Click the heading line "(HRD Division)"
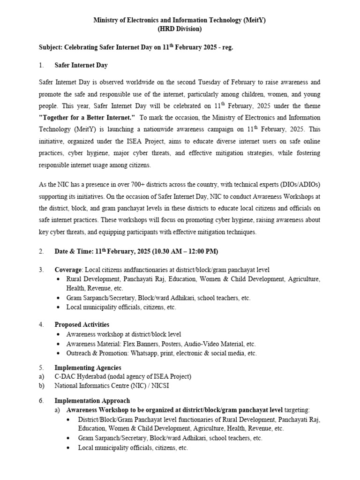(x=180, y=29)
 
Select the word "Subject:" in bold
(x=51, y=47)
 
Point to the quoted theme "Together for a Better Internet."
(x=87, y=117)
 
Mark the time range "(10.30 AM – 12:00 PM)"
(x=185, y=251)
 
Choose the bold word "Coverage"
(x=68, y=270)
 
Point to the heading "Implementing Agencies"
(x=88, y=367)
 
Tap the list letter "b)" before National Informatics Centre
(x=42, y=386)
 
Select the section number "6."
(x=42, y=401)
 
